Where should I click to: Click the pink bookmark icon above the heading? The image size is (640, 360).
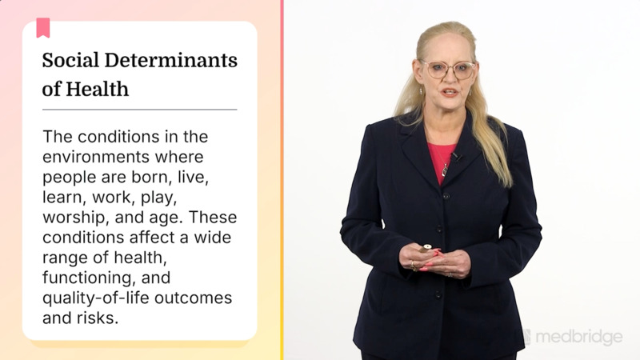(x=42, y=28)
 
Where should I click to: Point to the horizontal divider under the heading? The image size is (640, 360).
(x=140, y=109)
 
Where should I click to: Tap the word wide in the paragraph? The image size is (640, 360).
(x=218, y=238)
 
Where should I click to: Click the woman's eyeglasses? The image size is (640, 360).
(x=449, y=70)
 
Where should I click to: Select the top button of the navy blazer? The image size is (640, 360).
(x=446, y=195)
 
